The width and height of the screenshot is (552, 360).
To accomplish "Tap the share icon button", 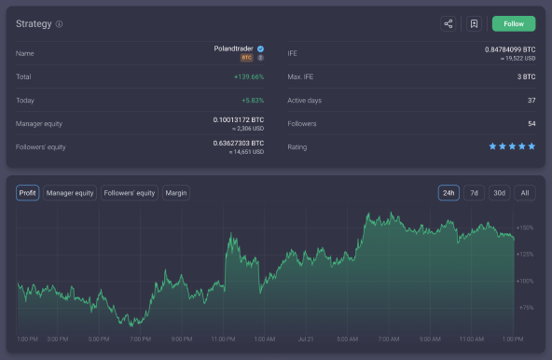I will [448, 24].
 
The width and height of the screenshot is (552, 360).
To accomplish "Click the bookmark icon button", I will [474, 24].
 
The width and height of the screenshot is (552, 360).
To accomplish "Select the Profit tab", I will [27, 193].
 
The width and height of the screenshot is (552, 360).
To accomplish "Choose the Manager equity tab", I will [70, 193].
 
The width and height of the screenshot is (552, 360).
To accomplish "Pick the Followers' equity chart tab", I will [130, 193].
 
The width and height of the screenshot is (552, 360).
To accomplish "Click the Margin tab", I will [176, 193].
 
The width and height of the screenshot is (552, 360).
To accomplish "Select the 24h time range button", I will [448, 193].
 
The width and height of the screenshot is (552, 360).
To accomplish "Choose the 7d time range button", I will [474, 193].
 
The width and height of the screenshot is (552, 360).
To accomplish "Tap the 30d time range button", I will [500, 193].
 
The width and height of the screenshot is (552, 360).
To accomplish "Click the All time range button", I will [525, 193].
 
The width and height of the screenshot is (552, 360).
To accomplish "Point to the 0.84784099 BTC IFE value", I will [510, 48].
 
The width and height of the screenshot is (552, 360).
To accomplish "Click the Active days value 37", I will [531, 100].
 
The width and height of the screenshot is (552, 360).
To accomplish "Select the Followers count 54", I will [531, 123].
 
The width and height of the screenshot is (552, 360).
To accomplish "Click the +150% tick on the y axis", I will [524, 228].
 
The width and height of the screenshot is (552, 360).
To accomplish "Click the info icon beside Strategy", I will [60, 24].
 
